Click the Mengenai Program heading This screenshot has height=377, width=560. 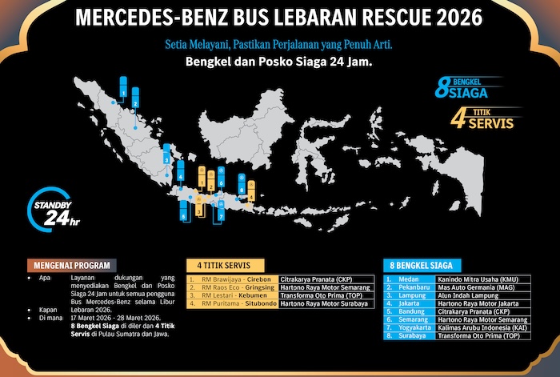coord(73,265)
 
